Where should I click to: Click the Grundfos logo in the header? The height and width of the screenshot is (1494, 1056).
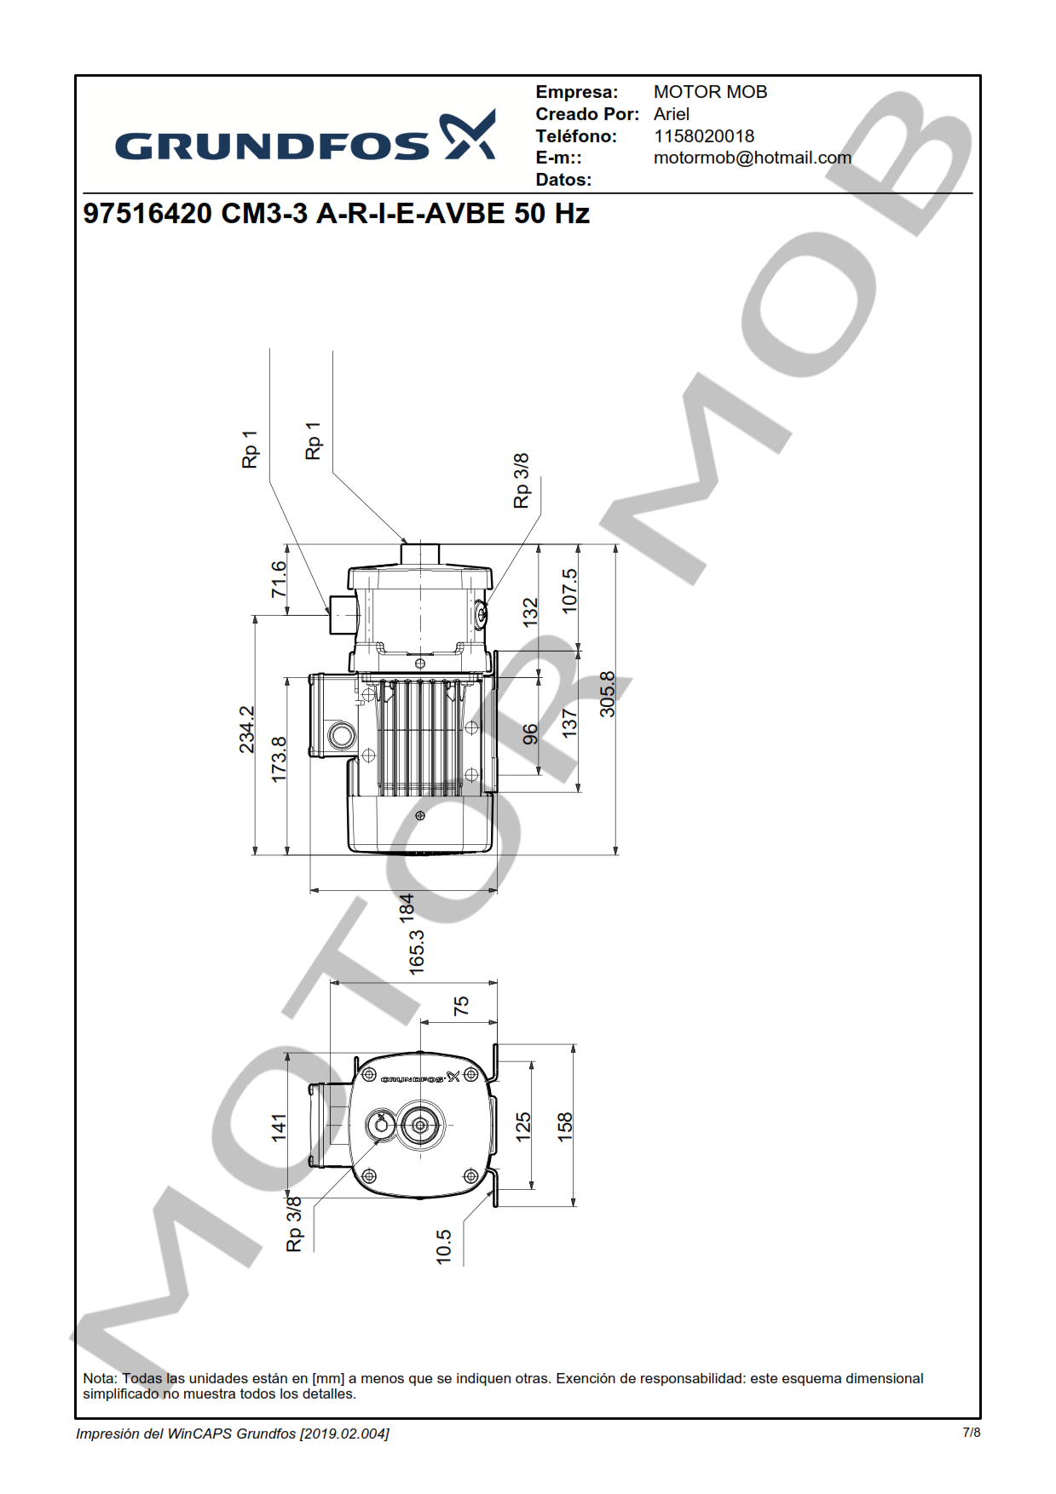(305, 136)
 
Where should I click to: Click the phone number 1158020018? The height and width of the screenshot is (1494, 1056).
(704, 136)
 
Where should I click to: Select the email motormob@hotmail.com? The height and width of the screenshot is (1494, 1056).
(753, 158)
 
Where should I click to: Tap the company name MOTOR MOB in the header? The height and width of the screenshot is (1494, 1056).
(711, 92)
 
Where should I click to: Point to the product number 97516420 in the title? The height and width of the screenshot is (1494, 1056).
(147, 213)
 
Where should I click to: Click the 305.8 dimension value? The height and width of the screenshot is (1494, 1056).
(607, 694)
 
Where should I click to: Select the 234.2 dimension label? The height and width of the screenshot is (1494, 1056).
(246, 729)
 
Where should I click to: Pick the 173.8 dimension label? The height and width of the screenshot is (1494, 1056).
(279, 760)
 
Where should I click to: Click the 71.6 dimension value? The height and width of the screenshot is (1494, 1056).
(279, 579)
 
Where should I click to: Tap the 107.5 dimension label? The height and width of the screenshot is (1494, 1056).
(569, 591)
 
